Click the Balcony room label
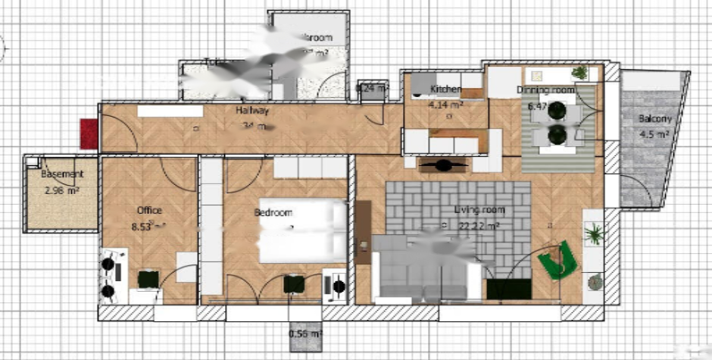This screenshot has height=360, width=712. (x=654, y=119)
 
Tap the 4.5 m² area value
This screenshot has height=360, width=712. (x=654, y=134)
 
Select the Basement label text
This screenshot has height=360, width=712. (x=62, y=174)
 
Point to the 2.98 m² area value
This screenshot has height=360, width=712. (x=62, y=190)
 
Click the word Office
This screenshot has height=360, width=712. (x=149, y=210)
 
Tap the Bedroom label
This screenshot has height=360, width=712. (x=273, y=213)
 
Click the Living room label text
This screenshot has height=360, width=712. (x=479, y=210)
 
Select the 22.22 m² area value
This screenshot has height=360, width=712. (x=479, y=225)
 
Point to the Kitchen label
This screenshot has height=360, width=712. (x=446, y=89)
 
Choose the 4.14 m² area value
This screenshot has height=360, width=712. (x=445, y=105)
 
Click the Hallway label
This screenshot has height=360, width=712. (x=251, y=111)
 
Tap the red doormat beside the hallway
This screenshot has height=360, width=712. (x=89, y=133)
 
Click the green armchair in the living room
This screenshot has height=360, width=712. (x=558, y=260)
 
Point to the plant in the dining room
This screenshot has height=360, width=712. (x=579, y=73)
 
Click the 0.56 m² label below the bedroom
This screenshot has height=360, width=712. (x=305, y=333)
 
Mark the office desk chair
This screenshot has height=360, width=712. (x=148, y=279)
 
